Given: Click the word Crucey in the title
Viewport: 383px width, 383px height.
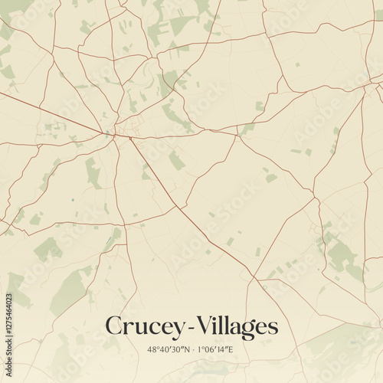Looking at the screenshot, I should coord(142,326).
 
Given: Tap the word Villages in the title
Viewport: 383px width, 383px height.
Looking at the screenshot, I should coord(234,326).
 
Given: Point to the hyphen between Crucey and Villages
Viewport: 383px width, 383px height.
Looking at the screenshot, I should coord(182,328).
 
